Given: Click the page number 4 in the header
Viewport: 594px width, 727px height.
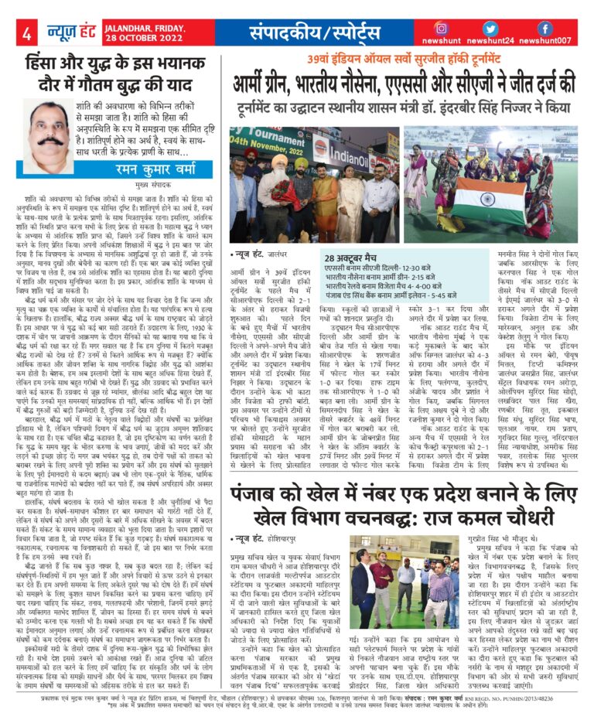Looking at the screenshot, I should click(26, 33).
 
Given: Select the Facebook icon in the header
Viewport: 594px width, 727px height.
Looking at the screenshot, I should click(544, 28).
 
